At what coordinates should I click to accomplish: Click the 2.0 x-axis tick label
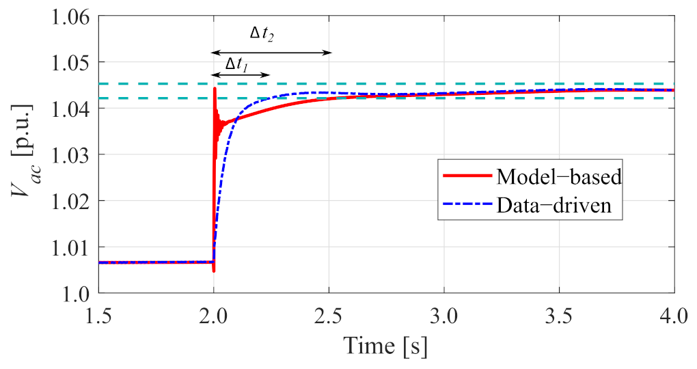pos(214,314)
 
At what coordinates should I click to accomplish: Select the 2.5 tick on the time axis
pos(329,314)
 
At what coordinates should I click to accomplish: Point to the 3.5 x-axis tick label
pos(559,314)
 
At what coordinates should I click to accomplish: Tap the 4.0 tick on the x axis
pos(674,314)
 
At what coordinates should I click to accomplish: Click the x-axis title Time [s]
pos(386,346)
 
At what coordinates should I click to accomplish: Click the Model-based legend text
pos(558,176)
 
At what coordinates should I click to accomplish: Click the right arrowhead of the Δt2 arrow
pos(329,53)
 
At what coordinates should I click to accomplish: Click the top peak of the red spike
pos(215,88)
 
